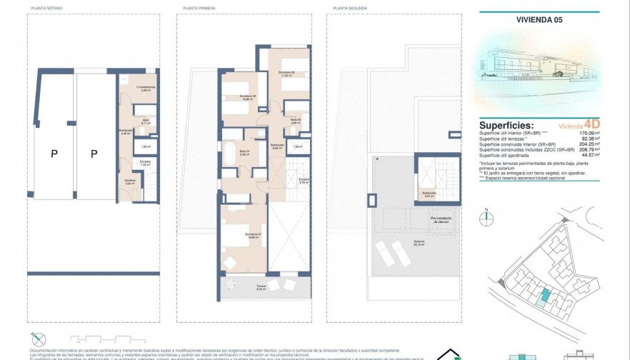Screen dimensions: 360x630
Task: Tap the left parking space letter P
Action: (x=54, y=153)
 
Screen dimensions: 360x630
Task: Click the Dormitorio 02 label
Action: (x=286, y=73)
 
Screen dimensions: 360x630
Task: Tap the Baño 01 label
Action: (x=244, y=151)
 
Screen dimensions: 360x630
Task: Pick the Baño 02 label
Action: (x=295, y=121)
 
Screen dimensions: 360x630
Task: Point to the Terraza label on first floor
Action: (x=261, y=288)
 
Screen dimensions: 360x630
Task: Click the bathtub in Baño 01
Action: (x=231, y=152)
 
